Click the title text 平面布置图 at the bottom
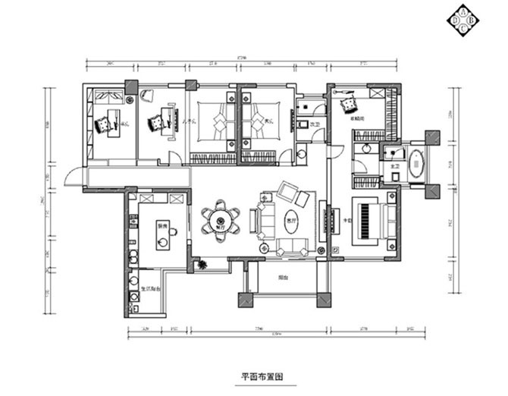(x=258, y=376)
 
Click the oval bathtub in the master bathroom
(x=415, y=165)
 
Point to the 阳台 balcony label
(x=282, y=278)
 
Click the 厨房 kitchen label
(x=161, y=225)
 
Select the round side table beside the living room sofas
(x=264, y=247)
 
